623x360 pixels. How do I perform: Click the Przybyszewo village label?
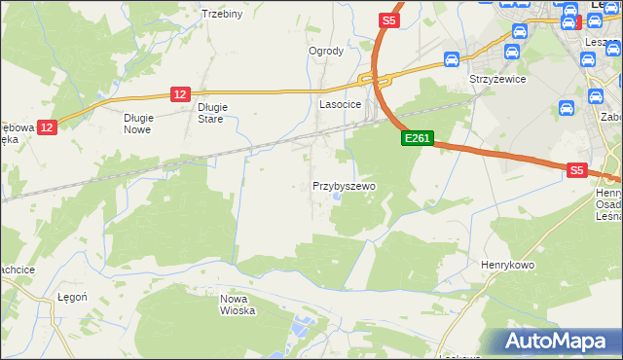[x=344, y=185]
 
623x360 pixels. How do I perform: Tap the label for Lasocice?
[x=341, y=103]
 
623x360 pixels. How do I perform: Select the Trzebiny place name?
[x=221, y=14]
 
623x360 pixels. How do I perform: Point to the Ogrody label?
[x=326, y=51]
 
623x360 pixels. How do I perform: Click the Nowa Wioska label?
[x=238, y=305]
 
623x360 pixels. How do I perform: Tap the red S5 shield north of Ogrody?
[x=389, y=19]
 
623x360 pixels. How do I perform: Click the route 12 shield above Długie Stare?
[x=180, y=93]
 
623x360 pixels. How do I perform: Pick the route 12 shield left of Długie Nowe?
[x=49, y=126]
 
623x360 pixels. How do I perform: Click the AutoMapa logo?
[x=558, y=342]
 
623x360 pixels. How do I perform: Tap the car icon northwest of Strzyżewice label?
[x=452, y=59]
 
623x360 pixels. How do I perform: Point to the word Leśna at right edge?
[x=609, y=216]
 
